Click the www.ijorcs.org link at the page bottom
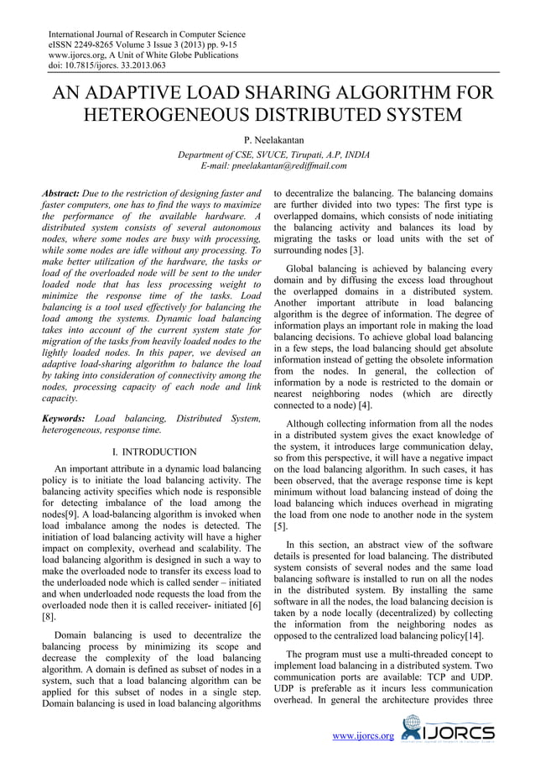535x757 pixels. (364, 735)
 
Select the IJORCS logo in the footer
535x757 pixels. (448, 729)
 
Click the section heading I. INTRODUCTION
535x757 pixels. (153, 452)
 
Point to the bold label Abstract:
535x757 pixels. (61, 193)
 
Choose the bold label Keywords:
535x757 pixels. (64, 417)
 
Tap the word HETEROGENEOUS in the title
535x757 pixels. (178, 113)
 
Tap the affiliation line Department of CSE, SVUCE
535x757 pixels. (243, 154)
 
